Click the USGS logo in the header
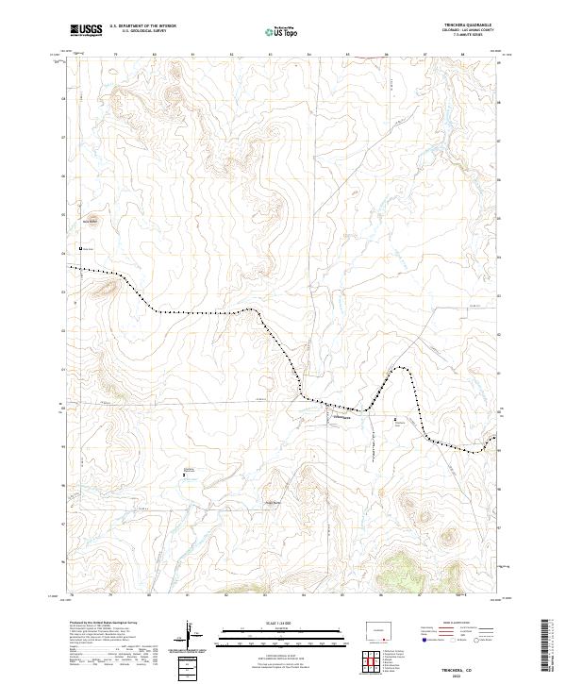pyautogui.click(x=87, y=31)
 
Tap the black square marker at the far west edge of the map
pyautogui.click(x=80, y=248)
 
